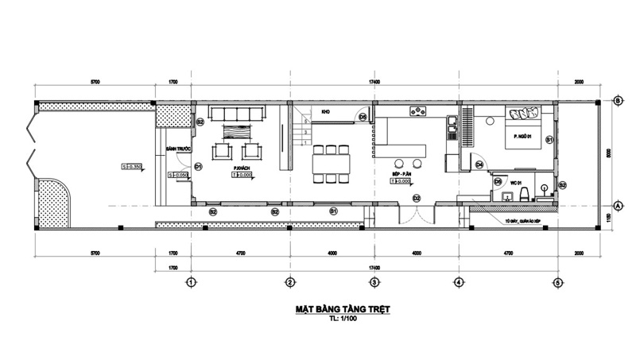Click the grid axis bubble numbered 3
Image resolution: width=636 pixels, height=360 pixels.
[x=374, y=281]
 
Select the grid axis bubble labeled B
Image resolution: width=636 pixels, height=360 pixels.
[x=617, y=101]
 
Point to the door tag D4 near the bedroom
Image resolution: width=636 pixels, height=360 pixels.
[x=479, y=165]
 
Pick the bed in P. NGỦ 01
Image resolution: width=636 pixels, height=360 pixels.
[x=522, y=127]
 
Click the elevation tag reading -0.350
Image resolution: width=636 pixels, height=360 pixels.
[x=131, y=166]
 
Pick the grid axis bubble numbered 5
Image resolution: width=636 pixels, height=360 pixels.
[x=558, y=281]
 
